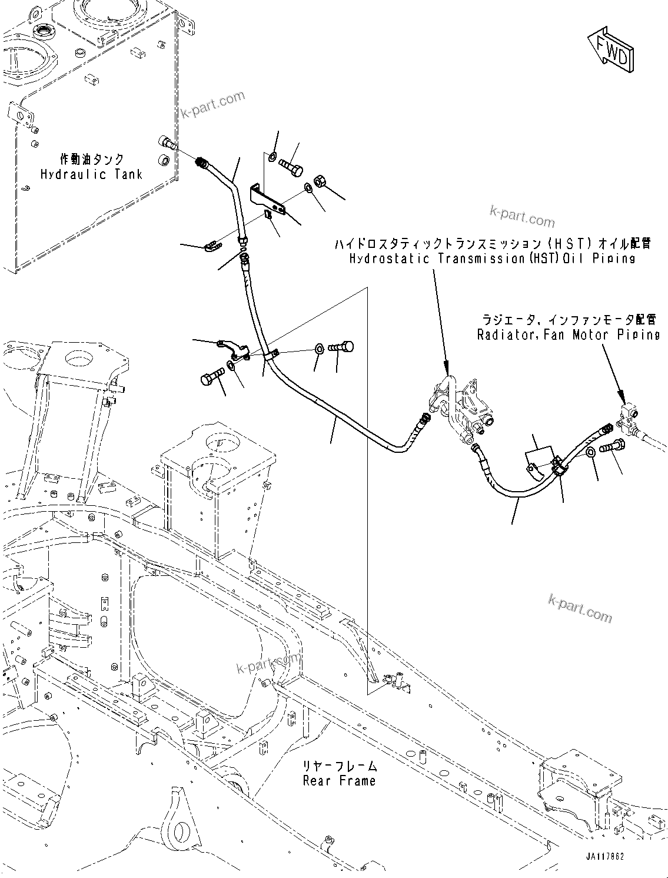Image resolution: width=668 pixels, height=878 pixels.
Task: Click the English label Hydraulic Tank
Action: click(x=91, y=174)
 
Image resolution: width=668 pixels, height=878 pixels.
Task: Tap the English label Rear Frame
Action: click(x=339, y=781)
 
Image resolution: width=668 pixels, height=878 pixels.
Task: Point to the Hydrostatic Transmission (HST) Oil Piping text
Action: click(x=492, y=258)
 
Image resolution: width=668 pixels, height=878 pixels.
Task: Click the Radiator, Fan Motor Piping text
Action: click(x=569, y=334)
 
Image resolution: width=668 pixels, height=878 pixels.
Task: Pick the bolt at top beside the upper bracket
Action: click(x=290, y=164)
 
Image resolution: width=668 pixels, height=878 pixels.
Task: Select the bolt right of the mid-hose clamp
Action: click(x=341, y=347)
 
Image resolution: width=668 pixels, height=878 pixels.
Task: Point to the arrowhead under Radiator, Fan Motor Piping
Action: click(x=619, y=394)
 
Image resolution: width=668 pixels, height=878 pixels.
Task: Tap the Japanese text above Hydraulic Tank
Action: click(x=92, y=159)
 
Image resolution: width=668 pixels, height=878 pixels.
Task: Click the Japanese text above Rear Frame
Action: click(x=340, y=766)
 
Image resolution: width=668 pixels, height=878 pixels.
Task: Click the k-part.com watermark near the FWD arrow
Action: click(x=521, y=217)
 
